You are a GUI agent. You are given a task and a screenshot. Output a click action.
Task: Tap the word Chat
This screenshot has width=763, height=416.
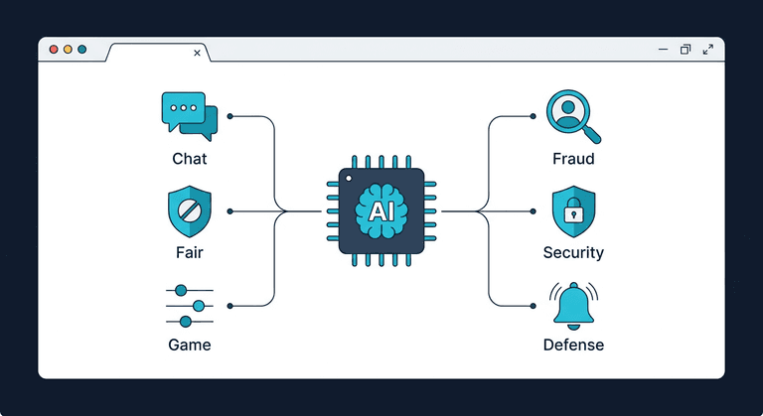(x=190, y=159)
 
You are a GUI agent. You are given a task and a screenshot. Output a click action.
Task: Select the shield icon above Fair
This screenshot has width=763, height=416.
(x=189, y=210)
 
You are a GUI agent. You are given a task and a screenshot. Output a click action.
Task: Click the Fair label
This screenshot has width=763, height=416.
(x=189, y=252)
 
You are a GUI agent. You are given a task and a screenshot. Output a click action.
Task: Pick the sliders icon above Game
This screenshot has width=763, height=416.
(x=189, y=305)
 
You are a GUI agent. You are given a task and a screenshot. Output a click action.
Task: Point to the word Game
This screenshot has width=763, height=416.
(x=189, y=346)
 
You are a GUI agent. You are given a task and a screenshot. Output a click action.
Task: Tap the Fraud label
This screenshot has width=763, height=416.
(x=573, y=159)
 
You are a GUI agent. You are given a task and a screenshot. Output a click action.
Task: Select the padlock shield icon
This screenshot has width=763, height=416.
(x=573, y=210)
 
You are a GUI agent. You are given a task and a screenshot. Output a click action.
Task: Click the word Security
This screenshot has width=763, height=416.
(x=573, y=252)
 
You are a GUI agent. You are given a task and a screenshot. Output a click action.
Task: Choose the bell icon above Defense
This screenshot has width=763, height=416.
(x=573, y=305)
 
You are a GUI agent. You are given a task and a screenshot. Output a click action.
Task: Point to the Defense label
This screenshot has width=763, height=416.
(x=573, y=346)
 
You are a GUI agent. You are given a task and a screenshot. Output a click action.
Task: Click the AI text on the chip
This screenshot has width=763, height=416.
(x=381, y=211)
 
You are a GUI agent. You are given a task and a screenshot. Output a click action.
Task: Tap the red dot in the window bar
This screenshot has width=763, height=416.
(x=54, y=49)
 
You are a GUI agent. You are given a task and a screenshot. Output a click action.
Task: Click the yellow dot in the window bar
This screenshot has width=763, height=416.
(x=68, y=49)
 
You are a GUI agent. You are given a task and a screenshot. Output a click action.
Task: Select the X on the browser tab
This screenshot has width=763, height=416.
(x=197, y=53)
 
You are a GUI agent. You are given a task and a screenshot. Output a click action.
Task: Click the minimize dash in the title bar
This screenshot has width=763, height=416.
(x=663, y=49)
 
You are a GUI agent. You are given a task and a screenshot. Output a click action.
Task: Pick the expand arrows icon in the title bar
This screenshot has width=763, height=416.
(x=708, y=49)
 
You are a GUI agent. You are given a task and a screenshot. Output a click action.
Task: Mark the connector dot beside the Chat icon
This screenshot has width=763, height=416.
(x=230, y=116)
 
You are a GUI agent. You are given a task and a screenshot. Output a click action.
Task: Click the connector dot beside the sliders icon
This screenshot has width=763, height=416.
(x=230, y=305)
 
